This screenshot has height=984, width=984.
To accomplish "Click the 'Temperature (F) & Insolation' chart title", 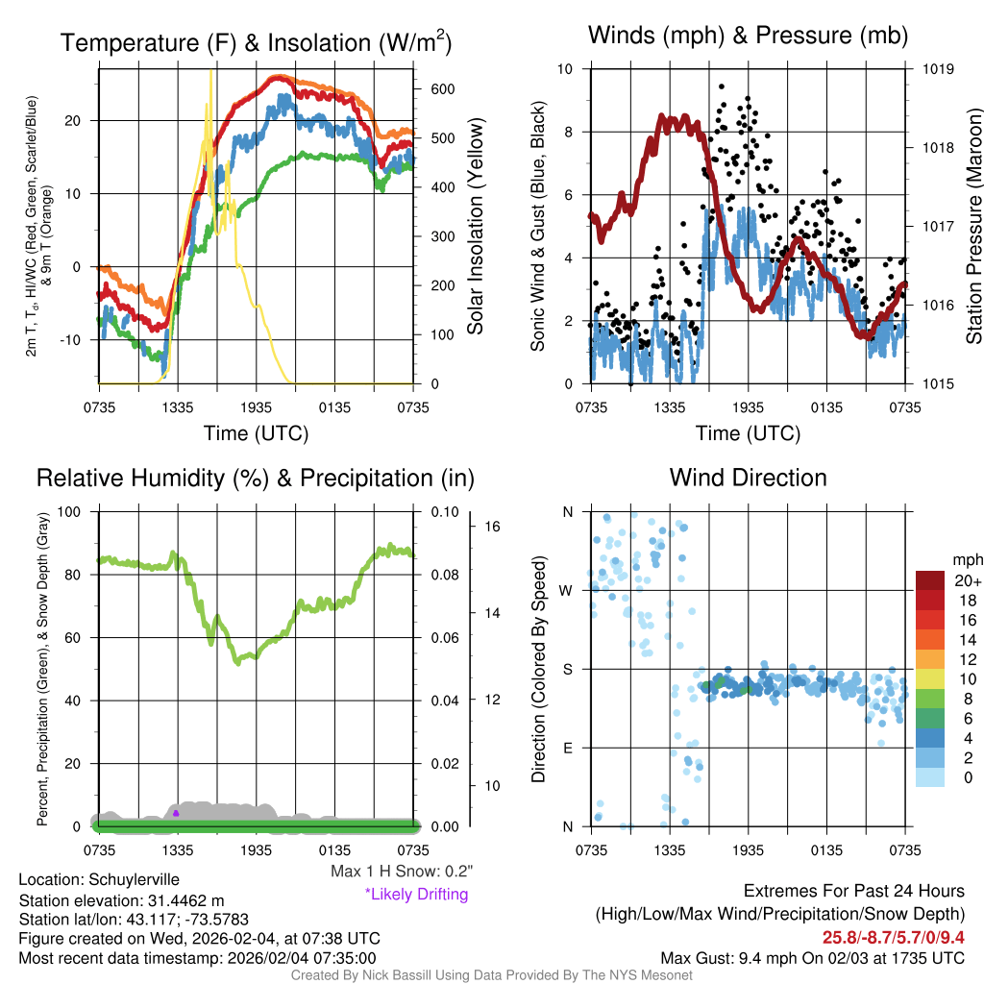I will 256,43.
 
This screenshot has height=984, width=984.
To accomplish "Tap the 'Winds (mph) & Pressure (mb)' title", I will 748,37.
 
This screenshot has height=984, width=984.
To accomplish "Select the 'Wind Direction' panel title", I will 748,478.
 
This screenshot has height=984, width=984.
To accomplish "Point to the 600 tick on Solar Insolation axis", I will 442,89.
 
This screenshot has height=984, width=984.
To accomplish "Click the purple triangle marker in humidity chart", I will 176,813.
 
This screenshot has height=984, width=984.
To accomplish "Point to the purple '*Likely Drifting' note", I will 416,895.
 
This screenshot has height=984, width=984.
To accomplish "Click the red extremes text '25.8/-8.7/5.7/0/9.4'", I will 893,938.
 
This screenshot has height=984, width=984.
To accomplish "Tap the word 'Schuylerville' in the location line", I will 134,879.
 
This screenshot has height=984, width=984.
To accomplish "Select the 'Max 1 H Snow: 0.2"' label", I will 401,872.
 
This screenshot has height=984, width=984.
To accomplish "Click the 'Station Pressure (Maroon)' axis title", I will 973,227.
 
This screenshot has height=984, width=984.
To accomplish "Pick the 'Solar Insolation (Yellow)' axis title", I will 475,227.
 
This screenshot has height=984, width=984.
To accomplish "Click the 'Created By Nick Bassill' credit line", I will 491,975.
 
